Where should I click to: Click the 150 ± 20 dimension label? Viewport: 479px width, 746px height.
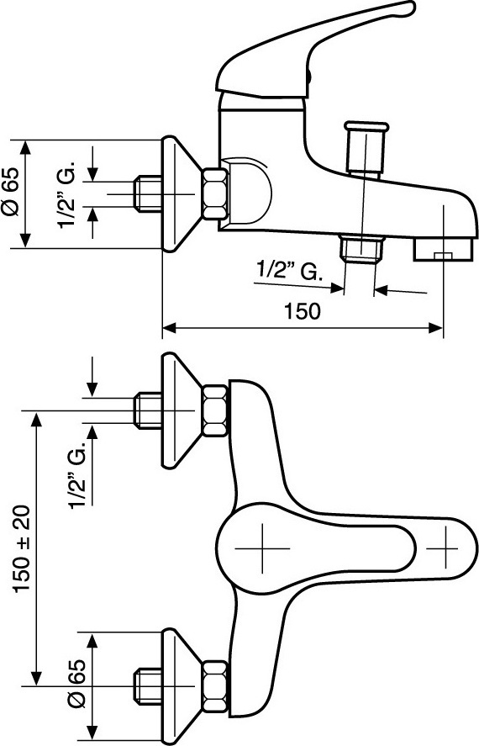pyautogui.click(x=23, y=549)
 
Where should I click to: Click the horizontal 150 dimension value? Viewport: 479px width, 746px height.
pyautogui.click(x=303, y=312)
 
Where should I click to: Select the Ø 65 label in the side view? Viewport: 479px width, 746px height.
pyautogui.click(x=10, y=192)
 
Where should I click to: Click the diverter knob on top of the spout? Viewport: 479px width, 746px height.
pyautogui.click(x=366, y=148)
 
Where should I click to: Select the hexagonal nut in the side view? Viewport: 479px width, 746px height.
pyautogui.click(x=215, y=193)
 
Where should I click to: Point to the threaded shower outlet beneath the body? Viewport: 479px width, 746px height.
pyautogui.click(x=361, y=248)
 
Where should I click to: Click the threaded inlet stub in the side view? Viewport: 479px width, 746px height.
pyautogui.click(x=148, y=193)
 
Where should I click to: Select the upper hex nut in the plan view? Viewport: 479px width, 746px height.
pyautogui.click(x=215, y=411)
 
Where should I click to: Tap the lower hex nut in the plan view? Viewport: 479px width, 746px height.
pyautogui.click(x=215, y=686)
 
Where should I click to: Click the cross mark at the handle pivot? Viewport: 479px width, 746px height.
pyautogui.click(x=262, y=548)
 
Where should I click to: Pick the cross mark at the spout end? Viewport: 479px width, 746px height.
pyautogui.click(x=445, y=548)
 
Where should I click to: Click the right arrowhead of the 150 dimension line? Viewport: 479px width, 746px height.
pyautogui.click(x=436, y=328)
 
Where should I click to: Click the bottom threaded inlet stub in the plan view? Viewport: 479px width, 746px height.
pyautogui.click(x=148, y=686)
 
